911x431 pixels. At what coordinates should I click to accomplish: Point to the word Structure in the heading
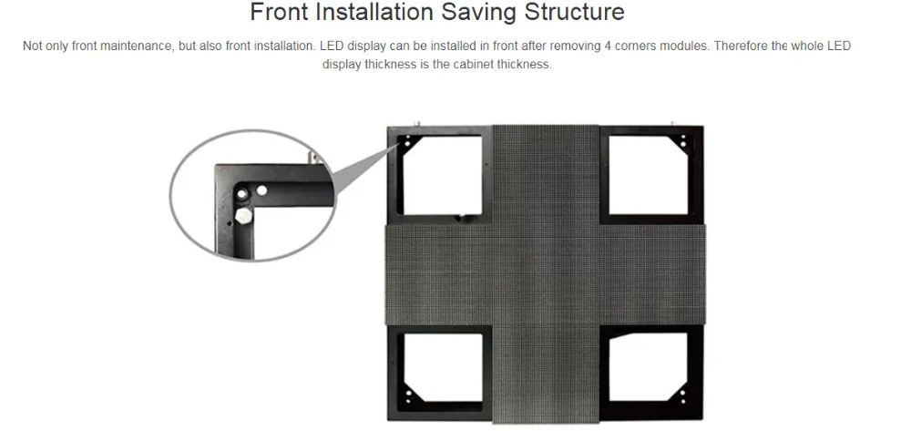[x=574, y=12]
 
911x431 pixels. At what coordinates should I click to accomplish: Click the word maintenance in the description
[x=139, y=46]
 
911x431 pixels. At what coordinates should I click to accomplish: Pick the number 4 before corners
[x=608, y=46]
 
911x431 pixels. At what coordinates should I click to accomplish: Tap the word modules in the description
[x=684, y=46]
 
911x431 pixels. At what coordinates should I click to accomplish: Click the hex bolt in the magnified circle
[x=243, y=217]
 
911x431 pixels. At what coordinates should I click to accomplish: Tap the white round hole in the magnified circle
[x=262, y=190]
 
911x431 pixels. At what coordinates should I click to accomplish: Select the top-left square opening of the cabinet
[x=442, y=175]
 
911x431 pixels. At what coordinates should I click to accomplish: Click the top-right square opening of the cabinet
[x=649, y=175]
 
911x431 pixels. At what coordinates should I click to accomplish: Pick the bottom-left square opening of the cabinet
[x=444, y=368]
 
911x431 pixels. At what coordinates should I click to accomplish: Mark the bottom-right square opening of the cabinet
[x=649, y=367]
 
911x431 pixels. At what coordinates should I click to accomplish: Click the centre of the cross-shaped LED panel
[x=546, y=274]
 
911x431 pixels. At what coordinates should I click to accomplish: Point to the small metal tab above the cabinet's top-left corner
[x=416, y=124]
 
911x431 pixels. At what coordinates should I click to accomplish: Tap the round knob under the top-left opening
[x=463, y=219]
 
